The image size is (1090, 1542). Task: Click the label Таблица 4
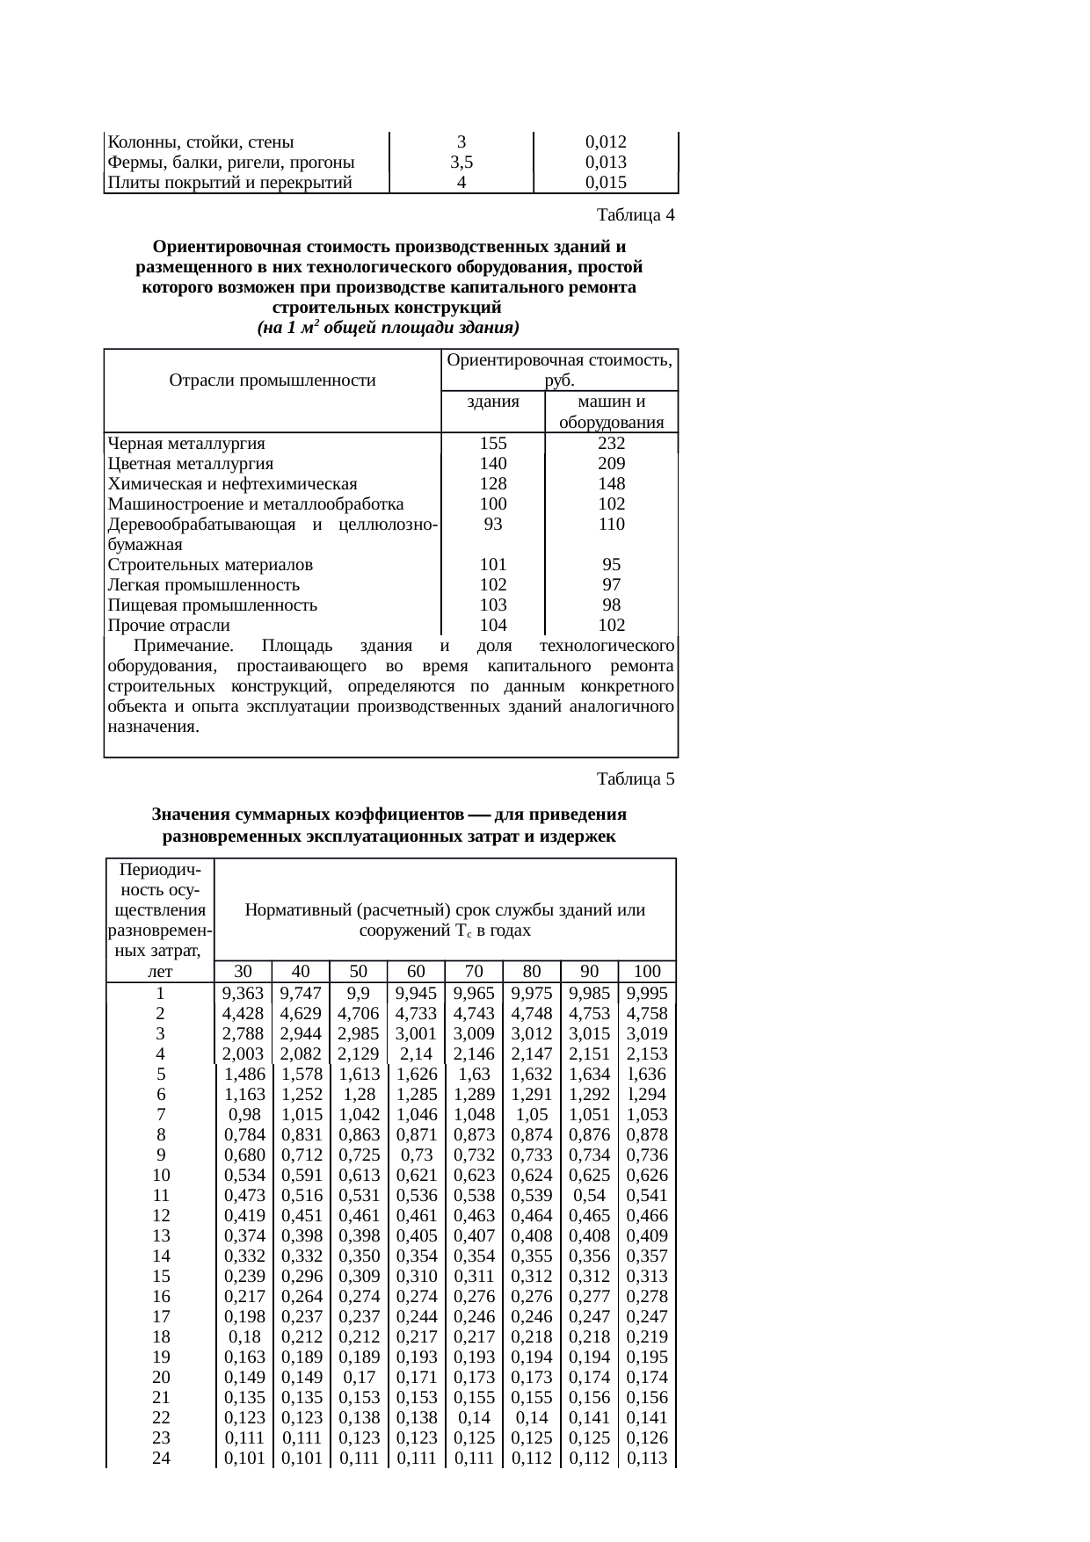(636, 215)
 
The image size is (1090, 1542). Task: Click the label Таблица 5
(636, 779)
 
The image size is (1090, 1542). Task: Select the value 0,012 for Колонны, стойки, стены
(606, 142)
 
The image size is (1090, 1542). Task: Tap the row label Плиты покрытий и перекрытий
(229, 183)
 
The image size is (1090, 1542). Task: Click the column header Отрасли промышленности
(272, 380)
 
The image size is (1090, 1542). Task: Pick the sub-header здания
(492, 402)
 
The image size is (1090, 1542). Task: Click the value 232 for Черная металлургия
(611, 444)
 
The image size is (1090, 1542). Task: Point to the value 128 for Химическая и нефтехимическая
(493, 484)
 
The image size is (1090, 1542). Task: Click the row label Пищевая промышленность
(213, 605)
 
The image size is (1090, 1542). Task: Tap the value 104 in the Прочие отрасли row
(493, 626)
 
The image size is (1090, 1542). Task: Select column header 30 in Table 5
(243, 972)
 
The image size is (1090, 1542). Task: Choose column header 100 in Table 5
(647, 972)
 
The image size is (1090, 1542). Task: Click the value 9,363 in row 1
(243, 994)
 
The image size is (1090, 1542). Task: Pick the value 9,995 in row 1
(647, 994)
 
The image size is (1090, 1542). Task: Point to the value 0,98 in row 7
(243, 1115)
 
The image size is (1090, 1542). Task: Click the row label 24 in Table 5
(161, 1459)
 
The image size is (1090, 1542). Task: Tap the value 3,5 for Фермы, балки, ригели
(461, 163)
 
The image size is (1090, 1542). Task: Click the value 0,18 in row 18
(243, 1337)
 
